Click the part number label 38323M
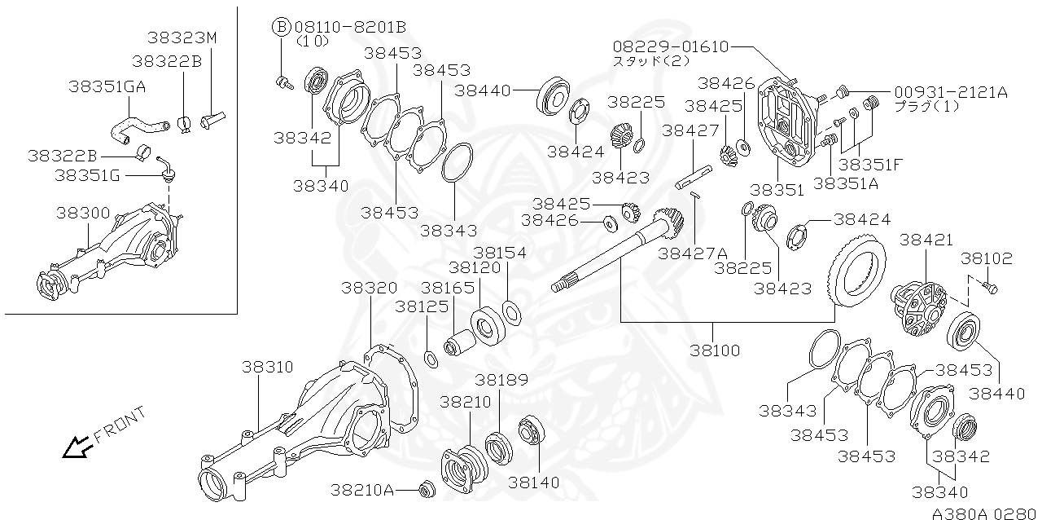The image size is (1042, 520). pyautogui.click(x=183, y=37)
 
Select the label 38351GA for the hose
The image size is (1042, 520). pyautogui.click(x=107, y=86)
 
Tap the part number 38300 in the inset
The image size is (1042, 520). pyautogui.click(x=83, y=213)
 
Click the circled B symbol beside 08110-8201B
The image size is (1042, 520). pyautogui.click(x=280, y=26)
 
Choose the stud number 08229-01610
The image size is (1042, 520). pyautogui.click(x=671, y=46)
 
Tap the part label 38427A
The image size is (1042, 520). pyautogui.click(x=693, y=253)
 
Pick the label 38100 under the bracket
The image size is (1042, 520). pyautogui.click(x=716, y=350)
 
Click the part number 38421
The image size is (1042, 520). pyautogui.click(x=926, y=240)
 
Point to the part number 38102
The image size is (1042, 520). pyautogui.click(x=986, y=258)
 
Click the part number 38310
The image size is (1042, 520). pyautogui.click(x=269, y=368)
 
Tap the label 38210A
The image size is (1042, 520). pyautogui.click(x=362, y=490)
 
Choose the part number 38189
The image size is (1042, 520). pyautogui.click(x=502, y=380)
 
